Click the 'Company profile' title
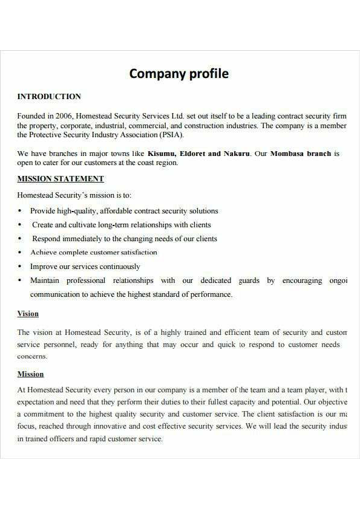coord(179,74)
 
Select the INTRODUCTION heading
coord(49,96)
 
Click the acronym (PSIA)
coord(171,135)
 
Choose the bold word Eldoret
coord(192,154)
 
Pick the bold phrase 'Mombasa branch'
coord(301,154)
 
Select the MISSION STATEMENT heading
coord(61,178)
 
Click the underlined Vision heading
coord(28,314)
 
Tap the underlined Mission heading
coord(30,374)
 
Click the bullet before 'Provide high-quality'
coord(20,211)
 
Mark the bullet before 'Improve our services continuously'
coord(20,267)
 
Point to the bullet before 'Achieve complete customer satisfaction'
coord(20,253)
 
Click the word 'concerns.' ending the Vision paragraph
coord(32,357)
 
